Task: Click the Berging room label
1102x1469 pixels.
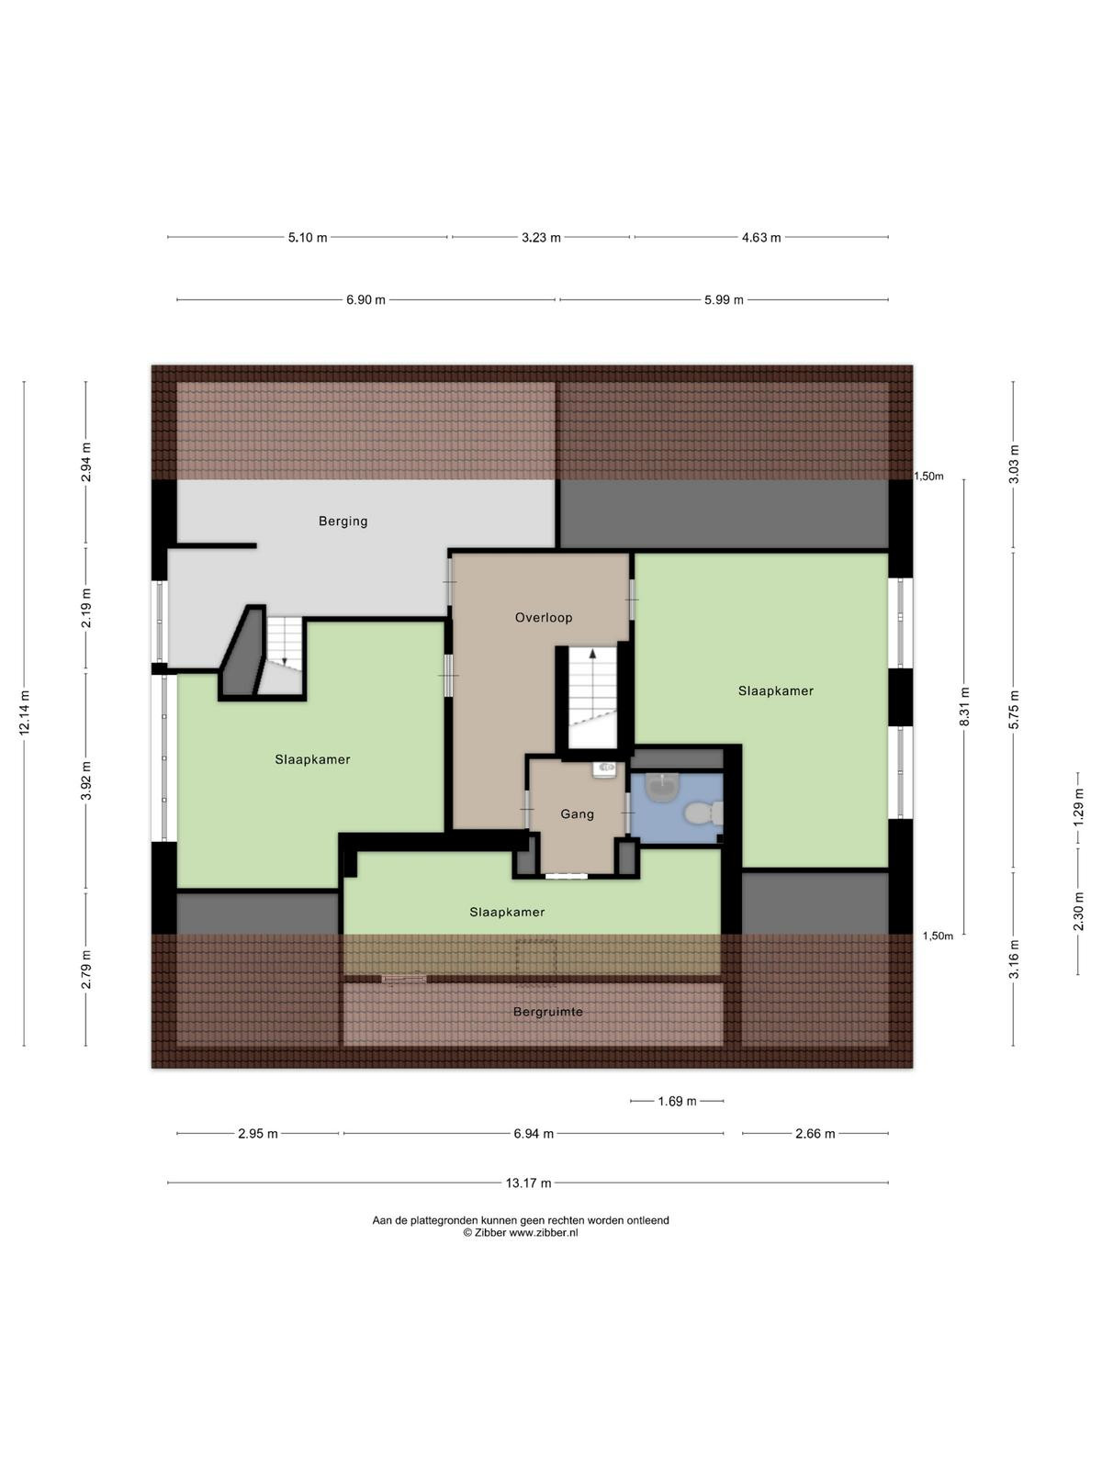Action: [343, 521]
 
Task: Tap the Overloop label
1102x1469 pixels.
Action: [544, 618]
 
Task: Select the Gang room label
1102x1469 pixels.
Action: [577, 814]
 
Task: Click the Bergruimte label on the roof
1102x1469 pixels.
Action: [548, 1012]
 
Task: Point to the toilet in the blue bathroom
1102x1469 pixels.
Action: [703, 813]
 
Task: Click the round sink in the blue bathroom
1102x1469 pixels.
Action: [662, 786]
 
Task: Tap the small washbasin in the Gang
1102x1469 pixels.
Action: [605, 769]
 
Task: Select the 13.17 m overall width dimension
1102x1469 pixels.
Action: [528, 1183]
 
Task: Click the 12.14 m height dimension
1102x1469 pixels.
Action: [25, 712]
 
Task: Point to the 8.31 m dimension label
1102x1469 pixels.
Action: [964, 707]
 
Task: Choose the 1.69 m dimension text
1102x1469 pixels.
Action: [677, 1101]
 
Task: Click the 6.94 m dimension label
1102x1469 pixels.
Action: [534, 1134]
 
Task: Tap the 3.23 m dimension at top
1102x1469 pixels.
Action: [541, 238]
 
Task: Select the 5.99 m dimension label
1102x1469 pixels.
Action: [724, 300]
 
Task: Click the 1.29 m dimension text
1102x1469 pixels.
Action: [1078, 806]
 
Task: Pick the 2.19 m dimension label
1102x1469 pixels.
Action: [85, 609]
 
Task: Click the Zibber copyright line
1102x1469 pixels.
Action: [521, 1233]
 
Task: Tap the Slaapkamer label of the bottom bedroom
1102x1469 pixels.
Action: [507, 913]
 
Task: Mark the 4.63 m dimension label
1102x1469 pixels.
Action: [761, 238]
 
